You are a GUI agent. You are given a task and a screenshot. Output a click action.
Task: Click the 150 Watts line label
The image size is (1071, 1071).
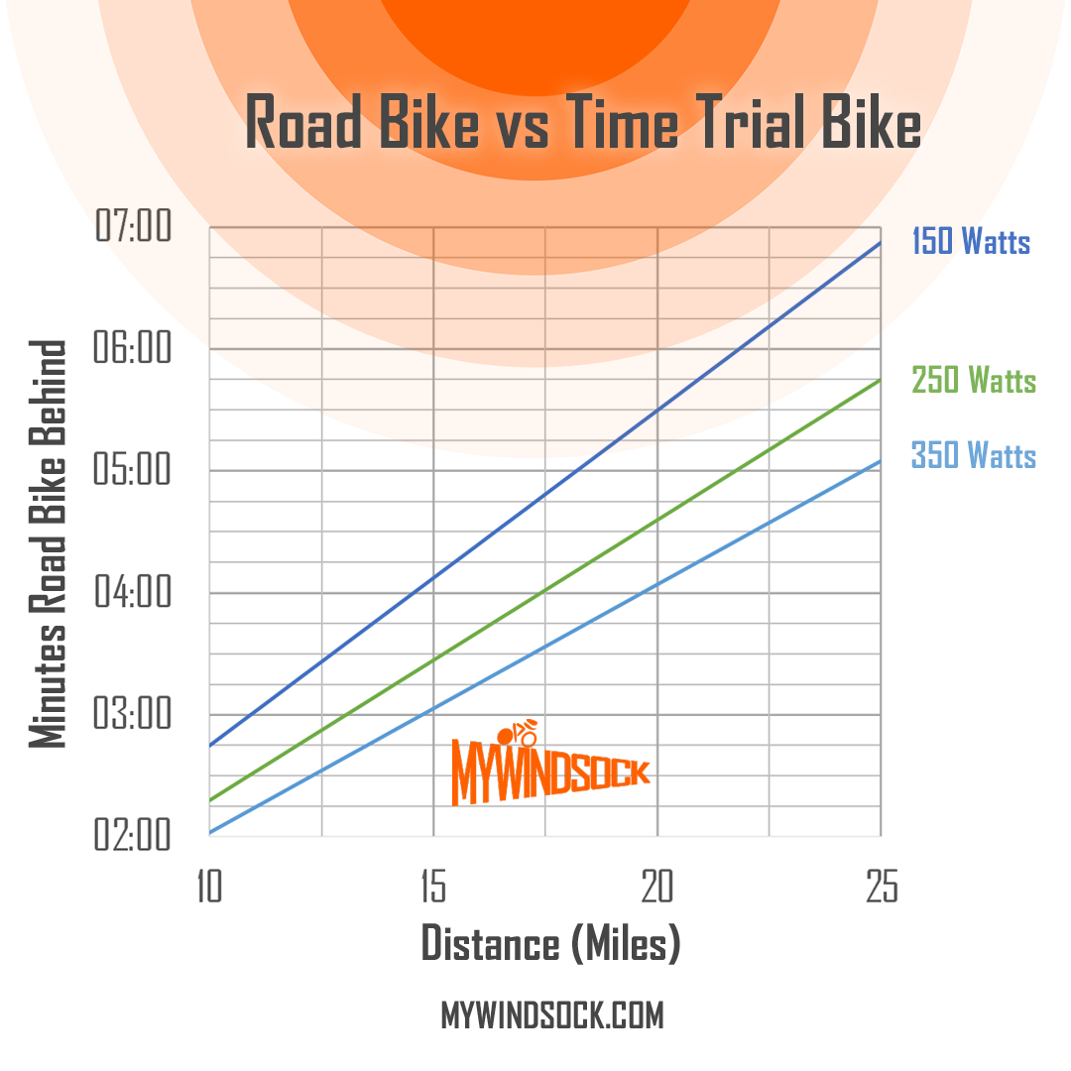(x=971, y=242)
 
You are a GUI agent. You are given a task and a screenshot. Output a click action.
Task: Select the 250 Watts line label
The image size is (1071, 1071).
(x=974, y=380)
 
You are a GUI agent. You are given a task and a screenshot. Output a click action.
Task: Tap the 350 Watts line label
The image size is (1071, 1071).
(x=974, y=456)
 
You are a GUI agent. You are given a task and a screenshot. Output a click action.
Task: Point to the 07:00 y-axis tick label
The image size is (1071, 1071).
(x=133, y=227)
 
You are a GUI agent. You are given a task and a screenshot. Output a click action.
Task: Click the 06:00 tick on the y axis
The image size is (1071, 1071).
(x=133, y=349)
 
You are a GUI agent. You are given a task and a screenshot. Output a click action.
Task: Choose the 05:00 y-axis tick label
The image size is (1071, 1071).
(x=133, y=471)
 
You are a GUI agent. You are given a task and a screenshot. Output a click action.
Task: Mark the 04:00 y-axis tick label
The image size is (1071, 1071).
(x=133, y=593)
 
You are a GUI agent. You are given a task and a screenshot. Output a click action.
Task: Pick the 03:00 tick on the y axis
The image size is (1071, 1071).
(x=133, y=715)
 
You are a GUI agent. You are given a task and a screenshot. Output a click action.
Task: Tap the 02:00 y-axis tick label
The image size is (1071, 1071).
(x=133, y=836)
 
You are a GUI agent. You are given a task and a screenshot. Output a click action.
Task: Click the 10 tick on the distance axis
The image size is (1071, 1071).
(x=207, y=888)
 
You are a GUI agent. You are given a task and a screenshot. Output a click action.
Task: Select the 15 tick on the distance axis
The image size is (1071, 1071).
(x=432, y=888)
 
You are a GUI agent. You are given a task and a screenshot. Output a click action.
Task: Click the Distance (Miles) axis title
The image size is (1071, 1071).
(x=551, y=943)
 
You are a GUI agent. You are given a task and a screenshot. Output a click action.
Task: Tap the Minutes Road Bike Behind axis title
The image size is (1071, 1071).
(x=48, y=544)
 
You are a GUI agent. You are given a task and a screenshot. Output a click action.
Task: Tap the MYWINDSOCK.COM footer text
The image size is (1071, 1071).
(x=551, y=1015)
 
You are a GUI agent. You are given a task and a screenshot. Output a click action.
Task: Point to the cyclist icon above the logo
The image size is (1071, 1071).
(x=518, y=735)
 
